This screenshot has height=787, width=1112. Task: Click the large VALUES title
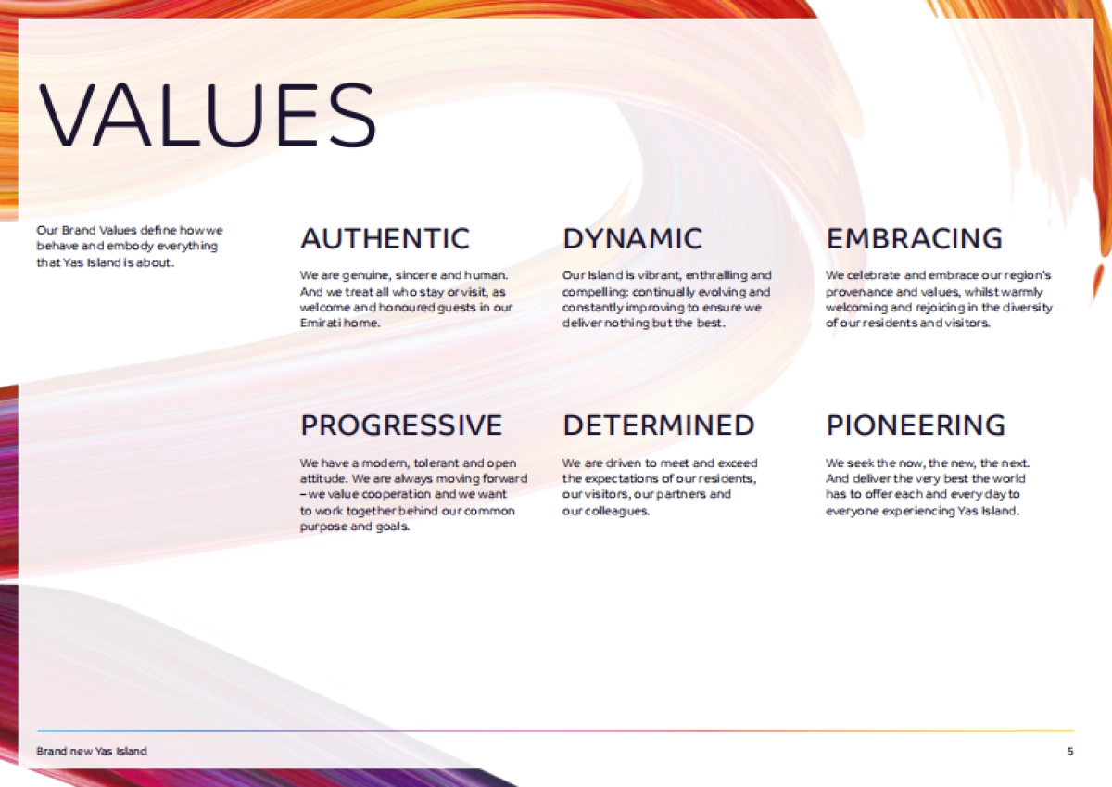207,115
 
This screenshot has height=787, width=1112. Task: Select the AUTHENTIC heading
385,238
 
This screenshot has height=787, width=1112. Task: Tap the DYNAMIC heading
632,238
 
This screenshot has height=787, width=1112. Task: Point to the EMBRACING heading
914,238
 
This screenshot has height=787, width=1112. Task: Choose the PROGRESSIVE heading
401,425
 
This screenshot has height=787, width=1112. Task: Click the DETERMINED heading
658,425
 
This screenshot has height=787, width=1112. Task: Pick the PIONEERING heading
916,425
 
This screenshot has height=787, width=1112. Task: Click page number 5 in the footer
1070,751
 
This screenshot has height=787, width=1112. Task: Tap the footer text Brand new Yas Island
92,751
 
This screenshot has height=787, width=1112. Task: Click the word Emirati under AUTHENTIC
319,324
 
